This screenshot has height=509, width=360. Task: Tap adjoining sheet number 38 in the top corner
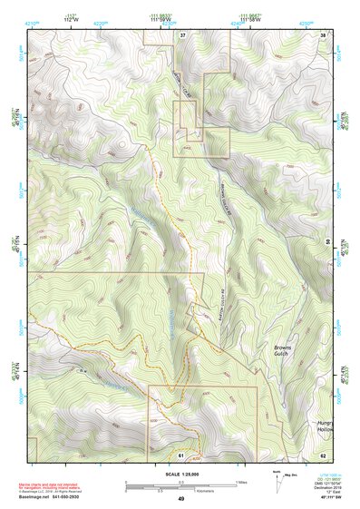point(324,34)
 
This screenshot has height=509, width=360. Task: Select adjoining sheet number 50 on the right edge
point(328,241)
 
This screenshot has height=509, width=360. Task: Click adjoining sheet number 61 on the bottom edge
point(181,454)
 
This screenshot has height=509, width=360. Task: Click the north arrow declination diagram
point(276,478)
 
